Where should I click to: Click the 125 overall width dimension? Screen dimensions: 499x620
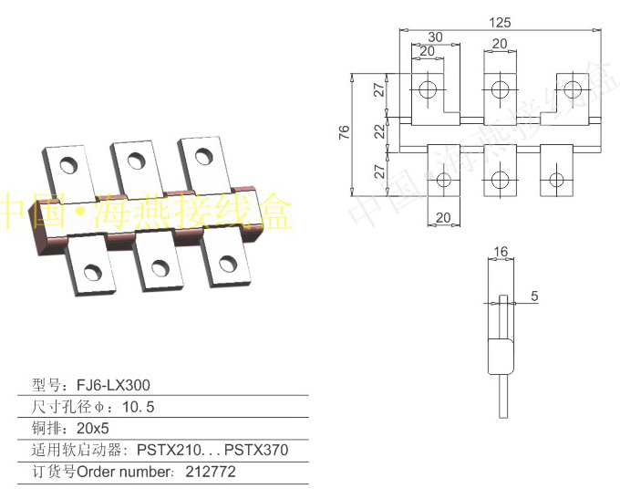click(x=500, y=21)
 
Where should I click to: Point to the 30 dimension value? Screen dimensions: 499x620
click(x=436, y=36)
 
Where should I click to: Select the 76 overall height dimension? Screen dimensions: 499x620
click(x=344, y=132)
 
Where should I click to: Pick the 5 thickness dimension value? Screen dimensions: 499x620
click(x=534, y=296)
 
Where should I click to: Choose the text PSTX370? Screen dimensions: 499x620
click(x=258, y=451)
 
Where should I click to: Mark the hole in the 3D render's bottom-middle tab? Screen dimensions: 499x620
click(x=160, y=267)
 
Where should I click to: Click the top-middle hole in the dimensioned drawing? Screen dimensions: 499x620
click(x=499, y=88)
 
